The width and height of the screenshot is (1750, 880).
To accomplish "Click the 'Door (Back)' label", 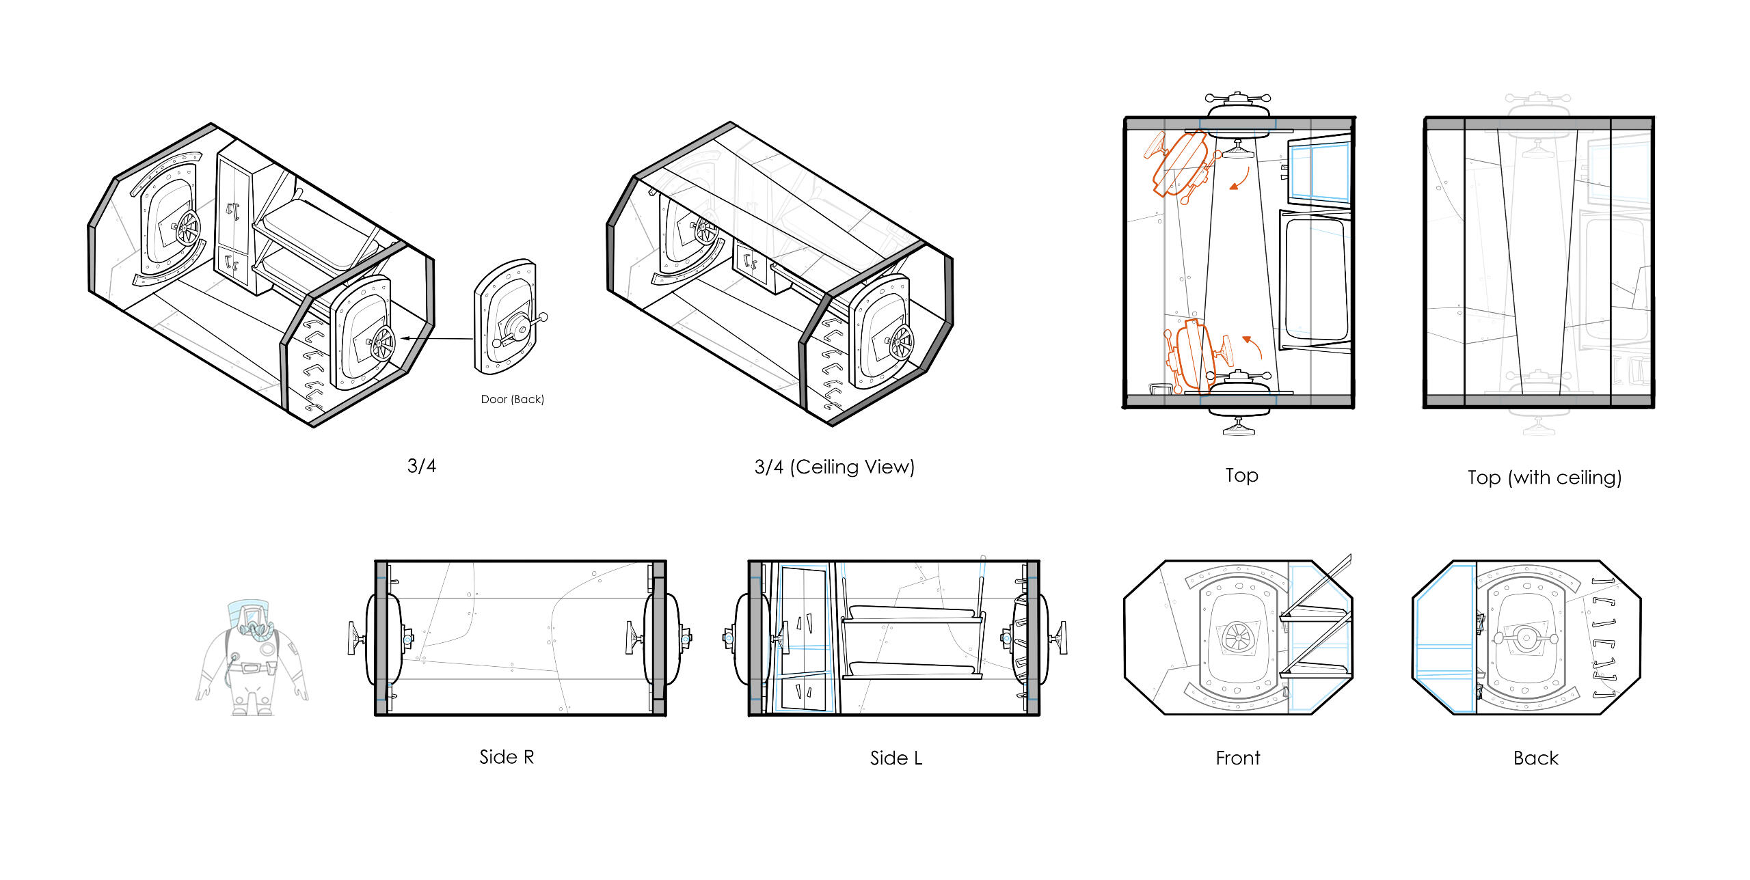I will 512,399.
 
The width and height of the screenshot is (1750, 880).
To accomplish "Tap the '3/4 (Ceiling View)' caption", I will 834,467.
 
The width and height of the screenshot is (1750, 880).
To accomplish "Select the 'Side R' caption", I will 507,757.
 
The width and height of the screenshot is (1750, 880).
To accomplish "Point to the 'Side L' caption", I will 896,758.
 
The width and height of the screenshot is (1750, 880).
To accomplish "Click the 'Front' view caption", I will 1237,758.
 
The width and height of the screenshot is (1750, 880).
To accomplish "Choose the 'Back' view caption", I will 1535,758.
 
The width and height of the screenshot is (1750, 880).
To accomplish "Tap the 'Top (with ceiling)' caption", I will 1544,477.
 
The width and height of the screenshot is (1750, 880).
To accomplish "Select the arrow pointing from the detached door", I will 437,338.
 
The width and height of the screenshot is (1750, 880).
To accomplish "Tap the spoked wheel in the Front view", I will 1237,637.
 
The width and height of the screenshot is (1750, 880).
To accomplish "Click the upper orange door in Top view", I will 1181,164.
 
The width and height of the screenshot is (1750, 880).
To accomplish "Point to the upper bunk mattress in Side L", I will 911,611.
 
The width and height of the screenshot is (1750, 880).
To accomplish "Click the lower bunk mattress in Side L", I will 911,668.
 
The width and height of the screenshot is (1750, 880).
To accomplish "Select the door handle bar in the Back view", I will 1525,638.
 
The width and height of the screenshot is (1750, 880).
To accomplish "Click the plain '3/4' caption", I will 421,466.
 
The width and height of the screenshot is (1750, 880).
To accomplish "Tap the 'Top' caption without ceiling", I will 1241,475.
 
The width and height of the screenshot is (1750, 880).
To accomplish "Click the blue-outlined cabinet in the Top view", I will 1319,170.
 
